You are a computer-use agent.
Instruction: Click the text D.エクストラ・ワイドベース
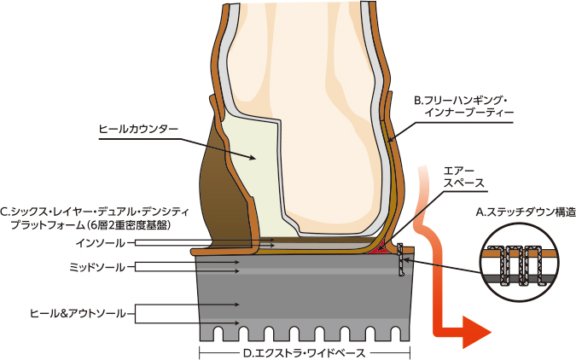coord(306,351)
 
